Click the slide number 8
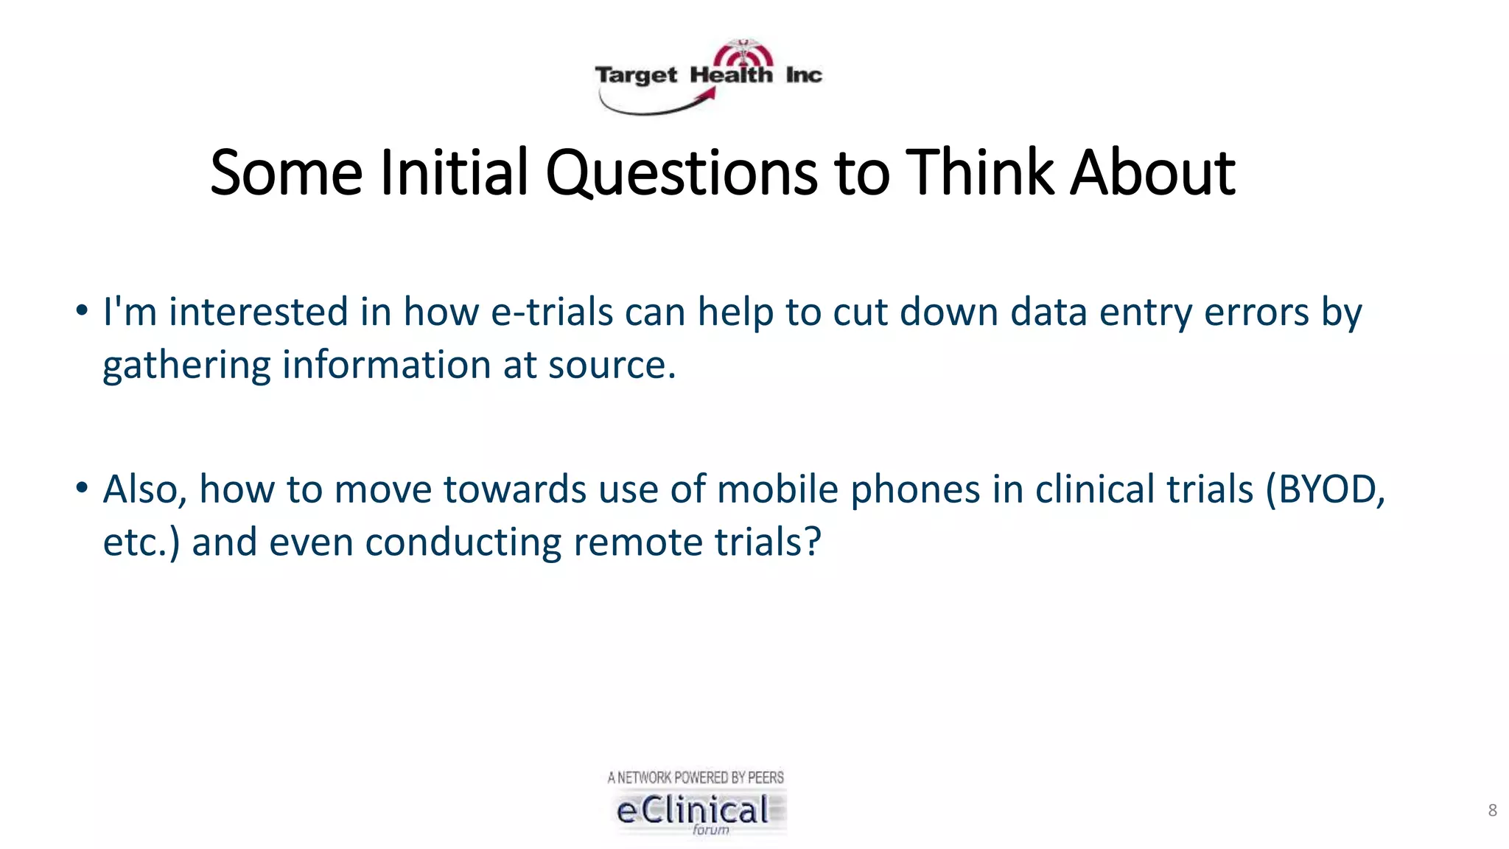(1492, 811)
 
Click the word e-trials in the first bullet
(552, 312)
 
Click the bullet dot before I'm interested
(82, 310)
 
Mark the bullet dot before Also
(82, 487)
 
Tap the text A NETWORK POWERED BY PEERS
(696, 778)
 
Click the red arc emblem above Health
(743, 54)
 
